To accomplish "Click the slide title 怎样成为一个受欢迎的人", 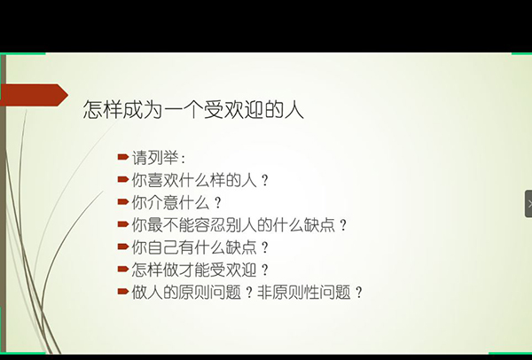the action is coord(193,109).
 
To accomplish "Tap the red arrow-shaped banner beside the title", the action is coord(35,95).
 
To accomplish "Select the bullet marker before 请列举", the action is coord(123,157).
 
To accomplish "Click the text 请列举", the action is coord(154,158).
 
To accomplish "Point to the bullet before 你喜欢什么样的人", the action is coord(123,179).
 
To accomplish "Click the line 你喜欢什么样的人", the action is coord(194,180).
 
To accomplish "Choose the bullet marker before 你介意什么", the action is coord(123,202).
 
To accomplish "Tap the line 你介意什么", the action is coord(170,202).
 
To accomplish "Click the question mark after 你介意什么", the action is coord(218,203).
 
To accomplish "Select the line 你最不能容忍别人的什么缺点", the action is coord(233,225).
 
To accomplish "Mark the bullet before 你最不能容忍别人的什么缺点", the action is coord(123,224).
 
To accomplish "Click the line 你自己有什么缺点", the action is coord(194,247).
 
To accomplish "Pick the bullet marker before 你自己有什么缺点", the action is coord(123,247).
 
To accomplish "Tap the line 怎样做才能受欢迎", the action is coord(194,270).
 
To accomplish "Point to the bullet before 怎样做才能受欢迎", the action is coord(123,269).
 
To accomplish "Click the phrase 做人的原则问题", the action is coord(186,292).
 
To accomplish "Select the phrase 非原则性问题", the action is coord(304,292).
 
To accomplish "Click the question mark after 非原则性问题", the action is coord(359,293).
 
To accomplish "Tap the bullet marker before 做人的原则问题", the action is coord(123,292).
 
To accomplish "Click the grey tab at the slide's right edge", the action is coord(528,204).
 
